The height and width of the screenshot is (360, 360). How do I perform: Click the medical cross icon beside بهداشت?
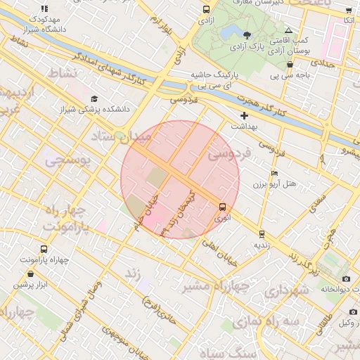pos(244,115)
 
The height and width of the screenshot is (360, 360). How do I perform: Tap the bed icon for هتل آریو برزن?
pos(274,173)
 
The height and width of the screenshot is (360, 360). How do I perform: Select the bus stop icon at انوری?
pos(222,207)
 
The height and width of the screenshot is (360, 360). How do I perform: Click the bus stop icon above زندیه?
pos(262,234)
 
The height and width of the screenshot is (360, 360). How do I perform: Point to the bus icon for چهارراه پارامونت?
pos(44,250)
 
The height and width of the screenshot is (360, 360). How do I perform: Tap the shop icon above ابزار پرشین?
pos(31,273)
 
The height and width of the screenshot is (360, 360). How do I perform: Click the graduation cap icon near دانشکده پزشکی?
pos(94,99)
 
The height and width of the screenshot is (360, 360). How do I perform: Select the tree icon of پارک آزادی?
pos(247,35)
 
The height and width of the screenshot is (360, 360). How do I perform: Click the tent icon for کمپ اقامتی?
pos(289,30)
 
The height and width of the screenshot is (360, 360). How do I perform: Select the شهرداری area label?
pos(288,290)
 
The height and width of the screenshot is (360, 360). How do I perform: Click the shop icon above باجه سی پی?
pos(290,64)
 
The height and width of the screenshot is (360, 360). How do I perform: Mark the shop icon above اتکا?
pos(349,10)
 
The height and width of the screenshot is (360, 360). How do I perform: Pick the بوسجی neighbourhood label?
pos(67,161)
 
